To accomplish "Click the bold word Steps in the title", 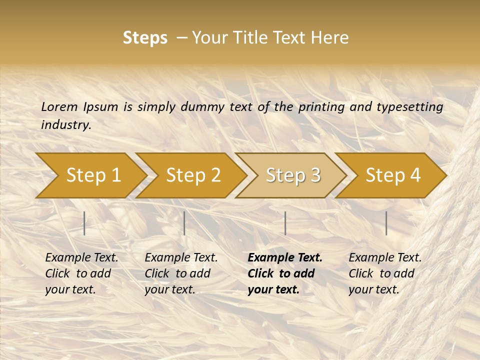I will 145,38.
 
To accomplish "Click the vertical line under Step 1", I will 84,223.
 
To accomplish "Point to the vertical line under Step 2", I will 184,223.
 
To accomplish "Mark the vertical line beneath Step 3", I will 285,223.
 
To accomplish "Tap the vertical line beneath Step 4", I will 386,223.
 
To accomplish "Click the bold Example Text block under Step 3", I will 285,273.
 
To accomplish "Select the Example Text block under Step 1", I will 81,273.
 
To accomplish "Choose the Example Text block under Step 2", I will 181,273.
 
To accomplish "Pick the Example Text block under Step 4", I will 385,273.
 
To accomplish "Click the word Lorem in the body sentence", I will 59,107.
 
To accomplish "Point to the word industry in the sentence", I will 65,125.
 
